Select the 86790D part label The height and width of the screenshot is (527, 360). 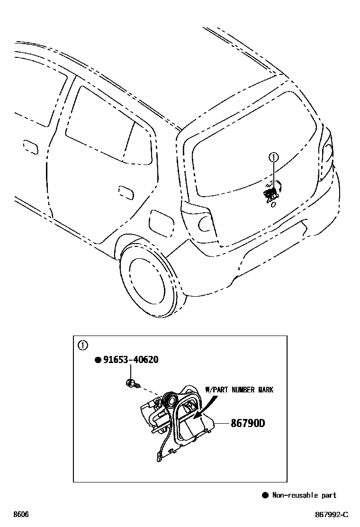click(x=247, y=422)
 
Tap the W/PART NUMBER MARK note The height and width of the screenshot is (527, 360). click(x=239, y=390)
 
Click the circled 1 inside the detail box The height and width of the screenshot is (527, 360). click(x=82, y=345)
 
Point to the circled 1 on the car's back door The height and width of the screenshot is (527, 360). click(x=273, y=157)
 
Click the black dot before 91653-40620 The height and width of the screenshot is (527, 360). click(x=98, y=360)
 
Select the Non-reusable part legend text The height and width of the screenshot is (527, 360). click(x=304, y=495)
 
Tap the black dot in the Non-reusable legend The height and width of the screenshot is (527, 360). click(x=265, y=495)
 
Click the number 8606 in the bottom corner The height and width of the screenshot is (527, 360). click(x=21, y=514)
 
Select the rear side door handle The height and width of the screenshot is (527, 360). click(x=125, y=192)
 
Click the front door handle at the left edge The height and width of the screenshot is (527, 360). click(x=30, y=146)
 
